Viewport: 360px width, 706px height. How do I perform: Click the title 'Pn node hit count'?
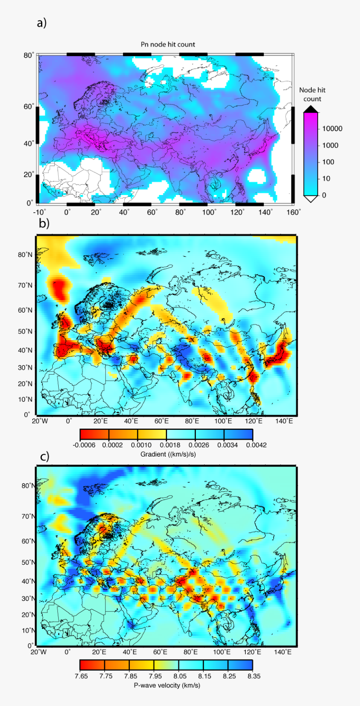(x=167, y=44)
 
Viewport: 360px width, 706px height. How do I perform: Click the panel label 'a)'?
(x=41, y=23)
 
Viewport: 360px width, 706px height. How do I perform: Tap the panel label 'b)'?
(x=44, y=223)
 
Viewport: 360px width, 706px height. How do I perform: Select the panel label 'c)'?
(x=44, y=456)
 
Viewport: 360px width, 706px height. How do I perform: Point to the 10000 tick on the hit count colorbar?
(x=332, y=129)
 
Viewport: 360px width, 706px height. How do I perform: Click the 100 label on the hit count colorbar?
(x=328, y=162)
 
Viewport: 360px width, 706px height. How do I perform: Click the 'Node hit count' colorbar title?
(x=312, y=95)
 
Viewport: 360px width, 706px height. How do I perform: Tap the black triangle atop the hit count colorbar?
(x=311, y=109)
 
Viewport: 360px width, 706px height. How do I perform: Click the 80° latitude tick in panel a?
(x=28, y=56)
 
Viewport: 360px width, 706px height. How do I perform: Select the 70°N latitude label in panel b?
(x=25, y=285)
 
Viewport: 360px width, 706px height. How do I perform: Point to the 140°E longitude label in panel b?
(x=284, y=421)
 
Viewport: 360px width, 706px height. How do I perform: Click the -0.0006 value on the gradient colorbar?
(x=84, y=445)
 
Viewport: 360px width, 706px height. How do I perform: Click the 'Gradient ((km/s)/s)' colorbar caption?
(x=168, y=454)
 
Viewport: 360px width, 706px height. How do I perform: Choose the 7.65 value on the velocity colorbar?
(x=81, y=676)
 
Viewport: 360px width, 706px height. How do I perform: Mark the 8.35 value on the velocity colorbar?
(x=252, y=676)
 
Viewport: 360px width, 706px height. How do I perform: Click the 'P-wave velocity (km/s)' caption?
(x=167, y=685)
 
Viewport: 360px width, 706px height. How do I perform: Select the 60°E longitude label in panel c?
(x=160, y=652)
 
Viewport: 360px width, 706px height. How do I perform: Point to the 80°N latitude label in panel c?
(x=27, y=486)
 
